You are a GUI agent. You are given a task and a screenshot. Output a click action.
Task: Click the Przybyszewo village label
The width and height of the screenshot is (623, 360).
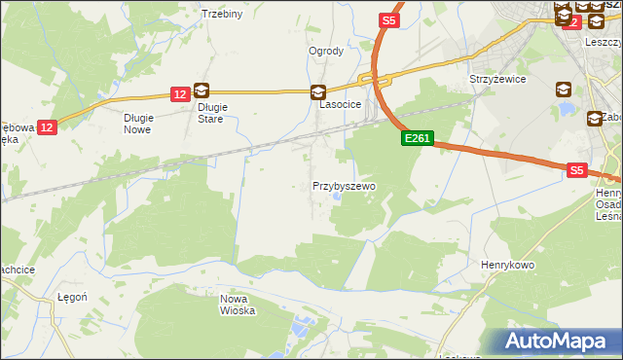tap(344, 185)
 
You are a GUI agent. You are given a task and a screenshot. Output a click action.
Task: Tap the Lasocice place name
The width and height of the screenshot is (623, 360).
tap(341, 103)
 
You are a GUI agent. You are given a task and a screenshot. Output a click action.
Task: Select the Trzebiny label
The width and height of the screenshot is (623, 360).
tap(221, 14)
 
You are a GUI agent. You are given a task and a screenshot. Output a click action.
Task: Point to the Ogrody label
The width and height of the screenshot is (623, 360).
tap(326, 51)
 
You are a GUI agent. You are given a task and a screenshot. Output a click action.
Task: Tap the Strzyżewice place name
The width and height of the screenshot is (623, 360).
tap(497, 78)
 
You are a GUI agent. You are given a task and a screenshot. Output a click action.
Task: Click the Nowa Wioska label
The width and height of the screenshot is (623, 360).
tap(238, 305)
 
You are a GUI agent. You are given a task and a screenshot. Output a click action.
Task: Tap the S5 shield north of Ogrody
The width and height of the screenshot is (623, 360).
tap(389, 19)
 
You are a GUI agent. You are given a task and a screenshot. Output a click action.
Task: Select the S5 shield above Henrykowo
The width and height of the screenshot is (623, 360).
tap(577, 170)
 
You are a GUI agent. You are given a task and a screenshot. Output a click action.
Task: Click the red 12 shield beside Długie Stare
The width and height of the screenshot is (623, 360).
tap(179, 94)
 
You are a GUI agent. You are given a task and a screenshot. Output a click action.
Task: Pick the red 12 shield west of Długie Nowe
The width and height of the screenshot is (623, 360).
tap(49, 126)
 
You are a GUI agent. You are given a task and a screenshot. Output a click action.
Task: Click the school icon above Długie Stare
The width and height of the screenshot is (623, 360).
tap(202, 90)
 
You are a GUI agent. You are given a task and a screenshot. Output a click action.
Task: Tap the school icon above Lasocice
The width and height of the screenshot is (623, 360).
tap(318, 92)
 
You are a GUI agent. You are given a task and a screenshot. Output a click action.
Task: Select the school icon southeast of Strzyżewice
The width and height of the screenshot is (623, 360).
tap(564, 90)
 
